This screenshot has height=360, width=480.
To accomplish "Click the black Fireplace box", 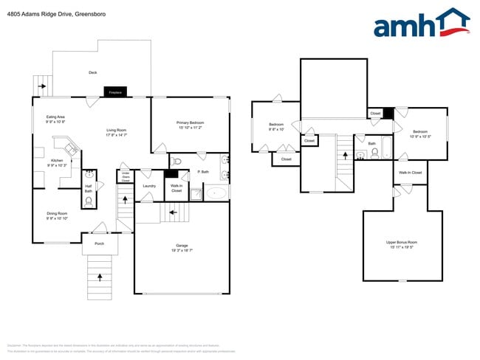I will coord(115,92).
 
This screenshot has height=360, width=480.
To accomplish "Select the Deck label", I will coord(92,72).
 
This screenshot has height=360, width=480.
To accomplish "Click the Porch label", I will coord(99,243).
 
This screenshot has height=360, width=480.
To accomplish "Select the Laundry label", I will coord(149,186).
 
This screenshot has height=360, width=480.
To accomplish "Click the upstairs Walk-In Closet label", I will coord(410,173).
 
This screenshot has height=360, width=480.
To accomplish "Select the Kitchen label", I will coord(57,162).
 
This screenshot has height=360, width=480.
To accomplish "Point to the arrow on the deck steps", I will coord(44,86).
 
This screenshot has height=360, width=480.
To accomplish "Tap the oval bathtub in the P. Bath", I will coord(216,193).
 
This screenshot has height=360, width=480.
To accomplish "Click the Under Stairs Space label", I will coord(126,177).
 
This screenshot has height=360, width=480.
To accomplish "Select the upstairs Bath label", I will coord(372,144).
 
